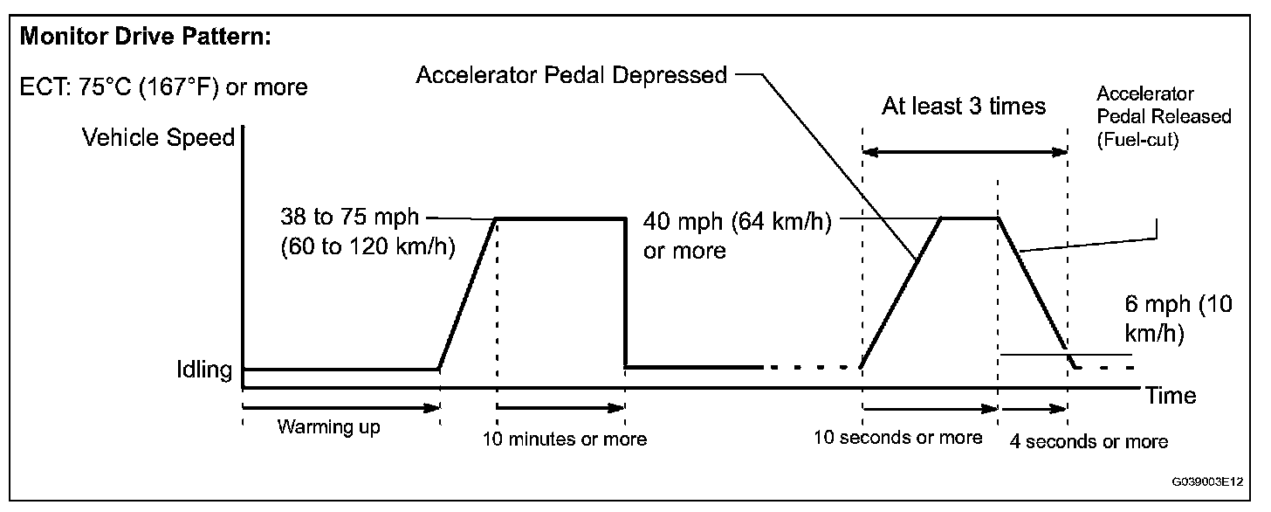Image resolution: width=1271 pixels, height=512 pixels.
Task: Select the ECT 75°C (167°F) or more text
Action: tap(163, 87)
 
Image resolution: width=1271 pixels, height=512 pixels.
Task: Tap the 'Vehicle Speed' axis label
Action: tap(158, 137)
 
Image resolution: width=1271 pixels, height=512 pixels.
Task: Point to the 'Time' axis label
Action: tap(1171, 396)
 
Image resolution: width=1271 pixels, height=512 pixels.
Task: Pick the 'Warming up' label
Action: tap(329, 427)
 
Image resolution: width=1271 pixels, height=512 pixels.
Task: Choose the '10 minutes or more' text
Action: tap(566, 439)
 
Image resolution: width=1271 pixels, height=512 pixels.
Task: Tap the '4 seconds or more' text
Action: tap(1089, 441)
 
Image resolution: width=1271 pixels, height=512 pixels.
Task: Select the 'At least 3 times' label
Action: tap(963, 107)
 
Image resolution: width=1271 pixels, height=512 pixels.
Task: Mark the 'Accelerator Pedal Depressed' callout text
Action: tap(572, 75)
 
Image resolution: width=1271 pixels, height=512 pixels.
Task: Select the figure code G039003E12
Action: tap(1208, 481)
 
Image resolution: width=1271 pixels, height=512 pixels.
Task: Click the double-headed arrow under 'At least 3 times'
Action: tap(965, 152)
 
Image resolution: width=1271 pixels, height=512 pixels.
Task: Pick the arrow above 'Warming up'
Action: tap(341, 406)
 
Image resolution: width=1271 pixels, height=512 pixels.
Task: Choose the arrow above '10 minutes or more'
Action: tap(560, 406)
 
